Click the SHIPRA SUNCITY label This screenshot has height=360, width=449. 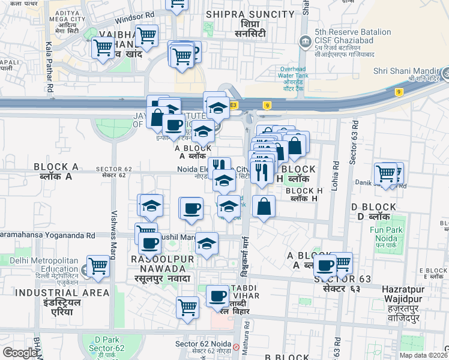tap(241, 13)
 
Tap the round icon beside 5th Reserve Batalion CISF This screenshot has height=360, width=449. tap(306, 42)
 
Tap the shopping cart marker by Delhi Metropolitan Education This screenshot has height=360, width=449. tap(98, 266)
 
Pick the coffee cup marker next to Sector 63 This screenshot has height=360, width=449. tap(325, 265)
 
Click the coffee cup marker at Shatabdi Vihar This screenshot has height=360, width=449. tap(217, 295)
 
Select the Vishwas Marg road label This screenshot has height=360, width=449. tap(113, 227)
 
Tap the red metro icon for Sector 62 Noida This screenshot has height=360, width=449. tap(237, 347)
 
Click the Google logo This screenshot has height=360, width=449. tap(20, 353)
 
